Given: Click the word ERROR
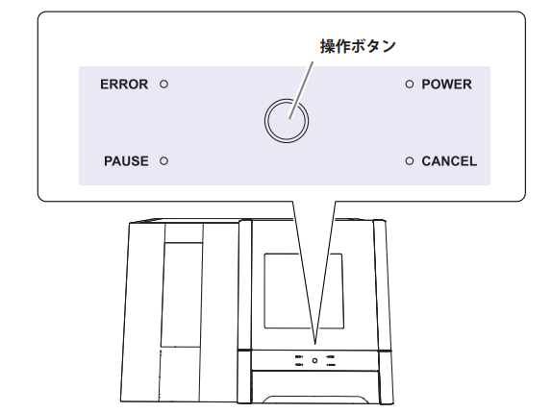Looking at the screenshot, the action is point(124,85).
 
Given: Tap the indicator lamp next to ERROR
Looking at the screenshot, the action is point(163,85).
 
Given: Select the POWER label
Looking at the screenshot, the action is point(447,85).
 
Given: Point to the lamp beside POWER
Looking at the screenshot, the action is point(409,85).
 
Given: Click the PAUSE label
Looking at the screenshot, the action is point(126,161).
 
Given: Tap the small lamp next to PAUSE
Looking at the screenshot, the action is point(163,161).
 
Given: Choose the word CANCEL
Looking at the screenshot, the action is point(449,161).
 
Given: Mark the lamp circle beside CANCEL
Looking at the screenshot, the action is point(409,161).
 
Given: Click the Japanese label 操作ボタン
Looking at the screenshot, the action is point(358,46).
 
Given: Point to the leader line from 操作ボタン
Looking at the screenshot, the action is point(301,90).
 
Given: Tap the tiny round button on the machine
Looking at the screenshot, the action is point(314,360).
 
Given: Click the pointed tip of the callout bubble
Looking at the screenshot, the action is point(314,344).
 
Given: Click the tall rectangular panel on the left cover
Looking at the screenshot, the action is point(181,295).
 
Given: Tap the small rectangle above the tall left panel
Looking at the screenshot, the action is point(184,233).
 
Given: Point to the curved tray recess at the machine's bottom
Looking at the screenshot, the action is point(314,400).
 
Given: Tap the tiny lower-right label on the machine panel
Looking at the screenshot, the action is point(331,365).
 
